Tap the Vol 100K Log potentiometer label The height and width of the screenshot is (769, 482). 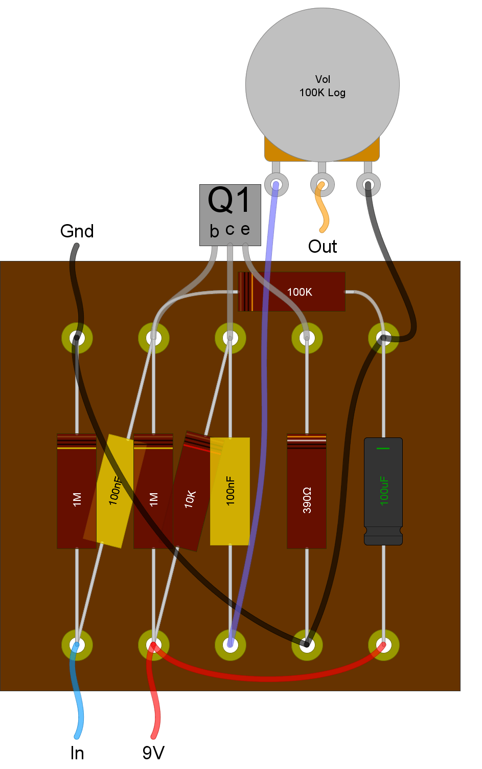(x=323, y=86)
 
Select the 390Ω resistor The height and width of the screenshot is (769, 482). (x=307, y=491)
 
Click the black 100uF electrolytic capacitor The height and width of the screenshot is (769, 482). (x=383, y=491)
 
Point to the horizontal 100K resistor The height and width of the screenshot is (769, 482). (x=291, y=292)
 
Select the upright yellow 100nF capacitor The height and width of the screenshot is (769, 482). (x=230, y=491)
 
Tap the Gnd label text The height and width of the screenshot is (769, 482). (x=77, y=231)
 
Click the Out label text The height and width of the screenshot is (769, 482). (x=323, y=247)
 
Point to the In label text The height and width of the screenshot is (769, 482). (x=77, y=753)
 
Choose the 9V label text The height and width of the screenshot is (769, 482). (x=153, y=753)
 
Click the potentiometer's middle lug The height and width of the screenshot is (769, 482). (x=323, y=185)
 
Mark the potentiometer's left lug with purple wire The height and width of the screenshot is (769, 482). (x=277, y=185)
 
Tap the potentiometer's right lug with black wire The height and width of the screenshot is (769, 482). (x=369, y=185)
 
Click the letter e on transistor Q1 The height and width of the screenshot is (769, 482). (x=245, y=230)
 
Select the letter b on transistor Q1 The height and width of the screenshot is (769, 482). (x=215, y=231)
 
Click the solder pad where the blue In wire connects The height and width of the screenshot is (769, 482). (x=77, y=645)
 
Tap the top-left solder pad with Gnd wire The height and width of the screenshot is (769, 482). (x=77, y=338)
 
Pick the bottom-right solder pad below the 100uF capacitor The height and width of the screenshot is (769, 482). (x=384, y=645)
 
